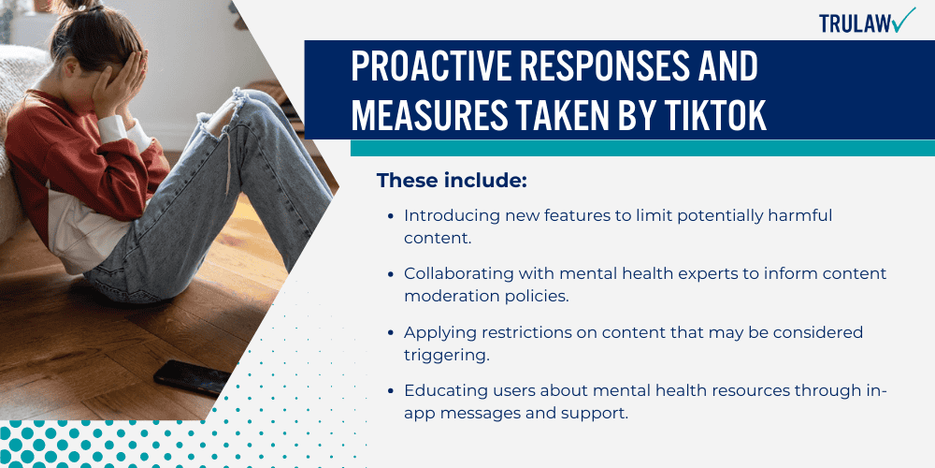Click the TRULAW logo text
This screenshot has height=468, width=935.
click(855, 22)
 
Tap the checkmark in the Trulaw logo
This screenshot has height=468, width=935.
click(904, 20)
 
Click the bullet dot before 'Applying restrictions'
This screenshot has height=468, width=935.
click(390, 333)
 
